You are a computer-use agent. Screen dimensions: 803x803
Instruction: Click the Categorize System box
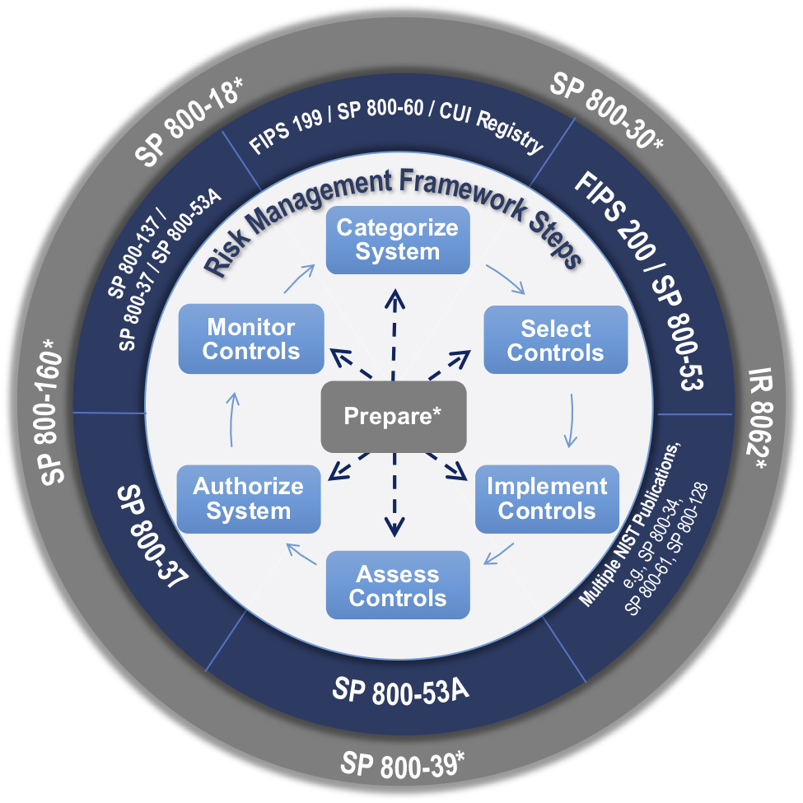(x=398, y=240)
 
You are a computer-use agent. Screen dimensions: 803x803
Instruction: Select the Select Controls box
(x=555, y=341)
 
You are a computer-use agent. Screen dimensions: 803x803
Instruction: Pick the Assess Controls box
(x=398, y=586)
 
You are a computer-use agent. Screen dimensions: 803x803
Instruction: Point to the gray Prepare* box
(x=394, y=417)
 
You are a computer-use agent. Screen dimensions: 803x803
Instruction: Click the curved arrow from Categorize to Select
(x=504, y=279)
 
